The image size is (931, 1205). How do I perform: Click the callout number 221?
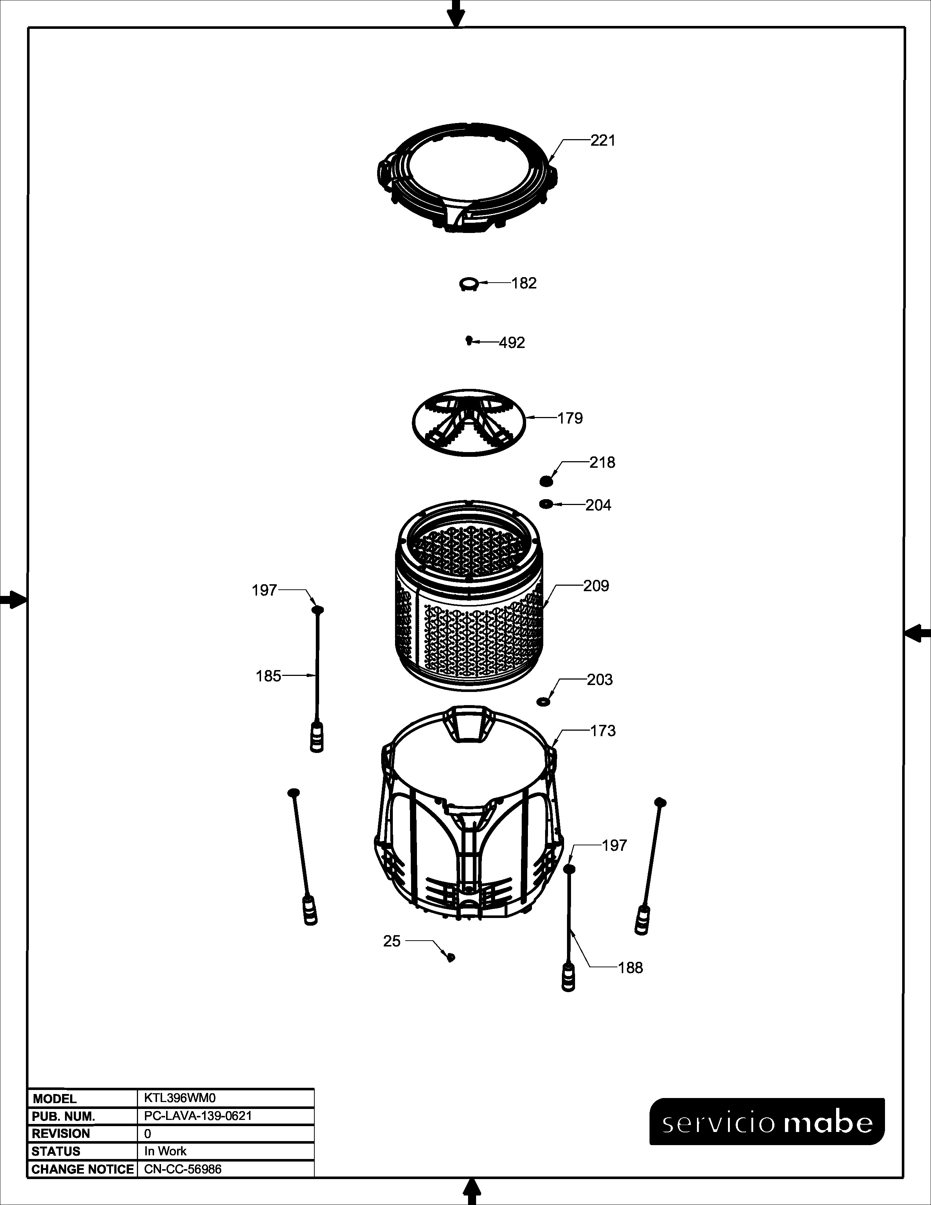[603, 141]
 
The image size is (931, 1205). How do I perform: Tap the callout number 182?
[524, 283]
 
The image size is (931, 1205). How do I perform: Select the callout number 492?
[512, 343]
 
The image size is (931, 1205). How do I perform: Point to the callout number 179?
[570, 418]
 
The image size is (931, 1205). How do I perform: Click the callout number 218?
[602, 462]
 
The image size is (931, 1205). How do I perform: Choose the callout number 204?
[598, 505]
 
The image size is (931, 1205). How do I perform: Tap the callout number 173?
[603, 731]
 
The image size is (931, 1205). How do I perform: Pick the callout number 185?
[269, 676]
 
